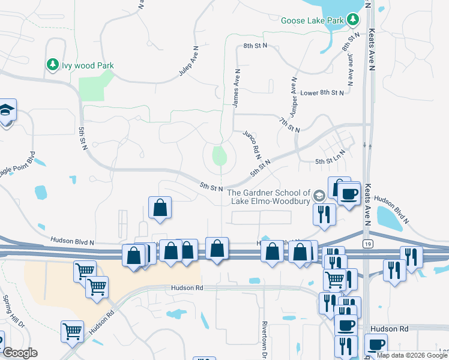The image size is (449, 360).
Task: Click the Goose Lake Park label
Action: (313, 20)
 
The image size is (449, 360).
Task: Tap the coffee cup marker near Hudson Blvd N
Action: (348, 193)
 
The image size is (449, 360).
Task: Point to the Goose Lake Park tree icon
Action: (354, 20)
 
